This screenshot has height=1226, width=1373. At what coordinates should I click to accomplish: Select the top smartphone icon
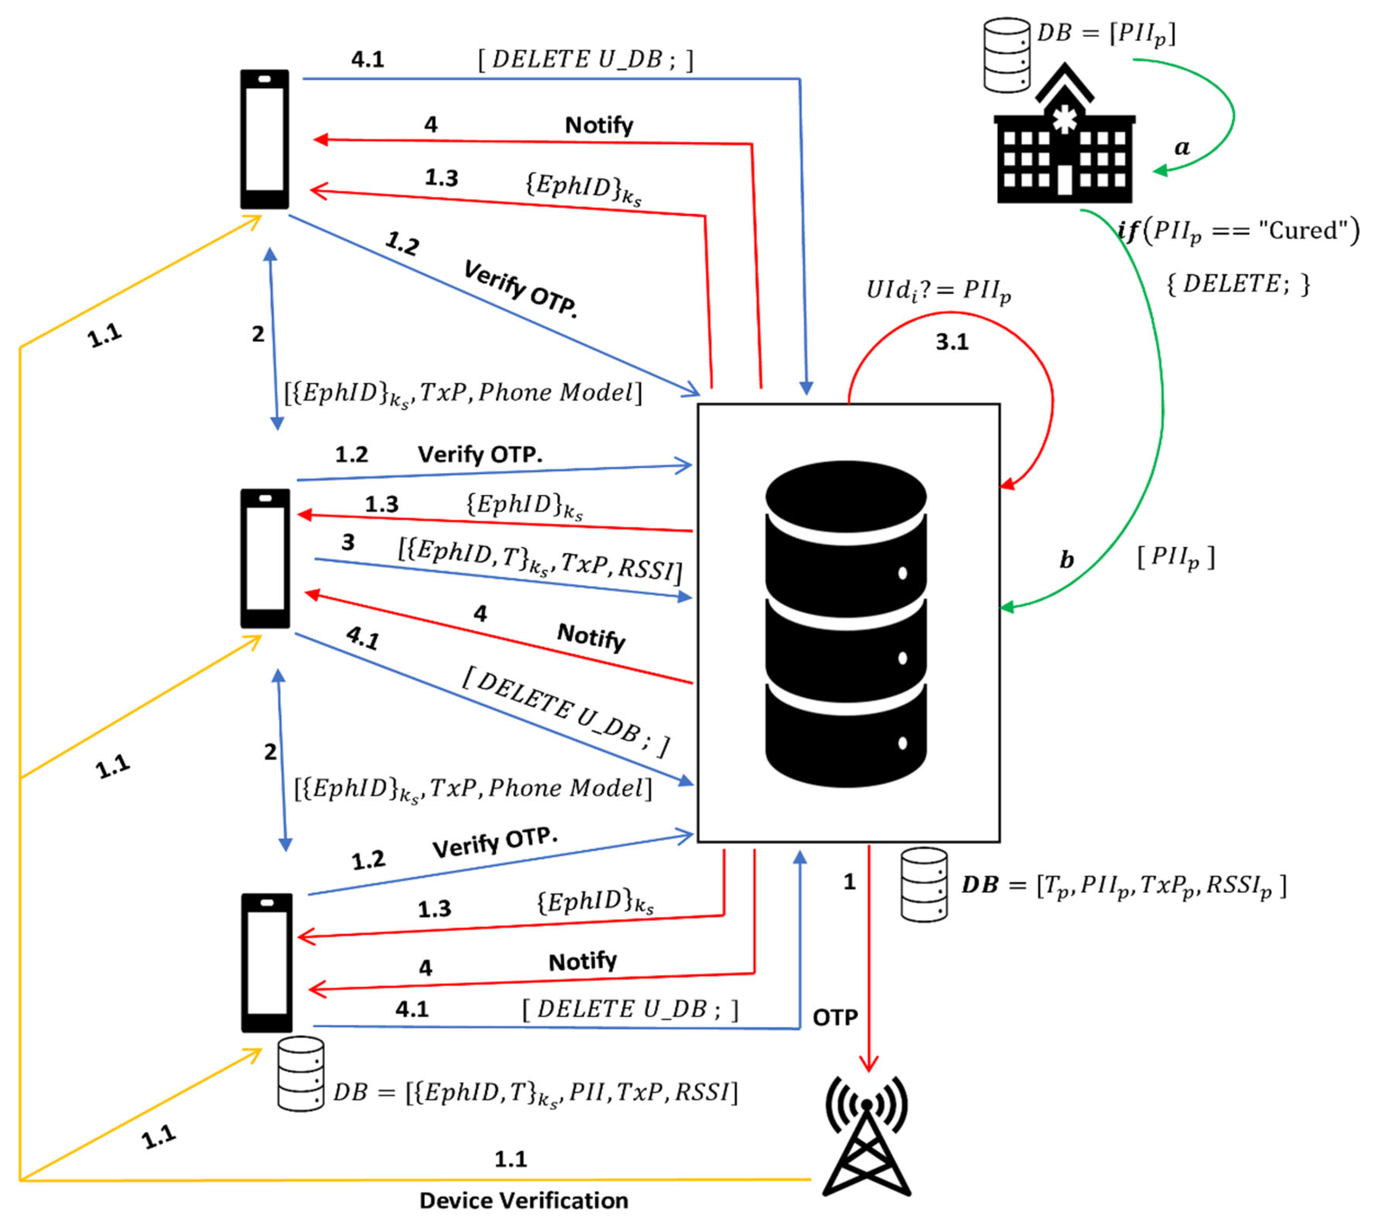[x=265, y=140]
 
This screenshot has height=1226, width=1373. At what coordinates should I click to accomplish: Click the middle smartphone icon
[x=266, y=558]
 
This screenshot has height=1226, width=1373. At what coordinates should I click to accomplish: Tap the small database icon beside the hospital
[x=1007, y=55]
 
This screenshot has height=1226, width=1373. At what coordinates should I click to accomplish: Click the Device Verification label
[x=523, y=1200]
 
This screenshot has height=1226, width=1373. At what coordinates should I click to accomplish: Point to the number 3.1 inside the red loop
[x=951, y=342]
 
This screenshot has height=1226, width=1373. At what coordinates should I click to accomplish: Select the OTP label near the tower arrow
[x=835, y=1017]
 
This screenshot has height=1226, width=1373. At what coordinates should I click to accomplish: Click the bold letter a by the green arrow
[x=1182, y=147]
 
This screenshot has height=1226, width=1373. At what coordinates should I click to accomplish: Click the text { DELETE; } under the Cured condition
[x=1238, y=284]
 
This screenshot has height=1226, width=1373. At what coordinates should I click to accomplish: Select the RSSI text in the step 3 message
[x=646, y=569]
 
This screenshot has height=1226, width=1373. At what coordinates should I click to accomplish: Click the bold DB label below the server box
[x=979, y=884]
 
